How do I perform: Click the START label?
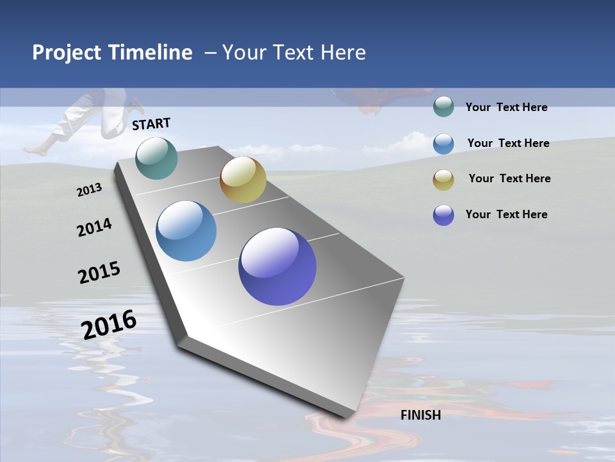click(x=151, y=124)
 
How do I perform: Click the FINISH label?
click(x=421, y=415)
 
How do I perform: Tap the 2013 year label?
click(x=89, y=190)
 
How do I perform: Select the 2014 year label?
click(x=94, y=227)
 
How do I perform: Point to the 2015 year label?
click(x=99, y=273)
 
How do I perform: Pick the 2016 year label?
click(x=109, y=325)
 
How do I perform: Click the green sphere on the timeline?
click(x=157, y=158)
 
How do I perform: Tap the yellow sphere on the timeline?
click(x=243, y=180)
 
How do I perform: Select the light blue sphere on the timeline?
click(x=186, y=231)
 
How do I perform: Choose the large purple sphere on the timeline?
click(x=277, y=266)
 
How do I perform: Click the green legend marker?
click(x=443, y=107)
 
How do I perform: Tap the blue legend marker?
click(x=443, y=144)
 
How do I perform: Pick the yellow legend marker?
click(x=443, y=180)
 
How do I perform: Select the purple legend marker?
click(x=443, y=215)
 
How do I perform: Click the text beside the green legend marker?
click(x=506, y=107)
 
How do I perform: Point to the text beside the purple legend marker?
click(x=506, y=214)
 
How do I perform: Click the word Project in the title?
click(x=67, y=53)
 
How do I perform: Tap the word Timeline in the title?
click(x=151, y=53)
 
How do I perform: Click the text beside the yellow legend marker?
click(x=509, y=178)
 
